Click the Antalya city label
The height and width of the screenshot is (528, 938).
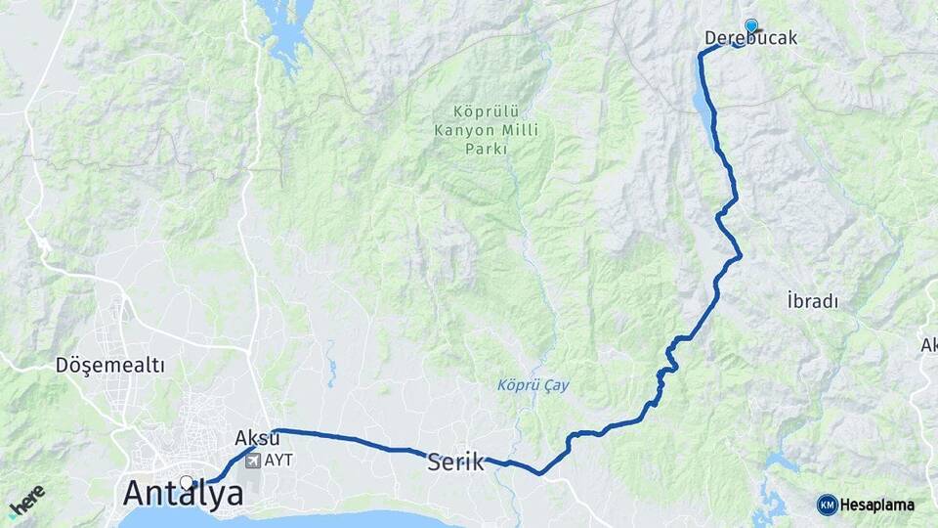[184, 494]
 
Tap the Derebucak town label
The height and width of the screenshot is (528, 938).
[750, 39]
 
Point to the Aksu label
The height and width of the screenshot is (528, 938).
[257, 438]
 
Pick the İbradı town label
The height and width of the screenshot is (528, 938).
[812, 301]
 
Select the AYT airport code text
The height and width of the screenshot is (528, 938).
[278, 460]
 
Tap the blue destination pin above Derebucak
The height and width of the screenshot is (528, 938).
[751, 25]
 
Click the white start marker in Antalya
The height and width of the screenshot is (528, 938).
[187, 481]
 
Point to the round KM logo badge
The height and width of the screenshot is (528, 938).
[827, 505]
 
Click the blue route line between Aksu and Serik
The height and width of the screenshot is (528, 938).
[352, 439]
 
